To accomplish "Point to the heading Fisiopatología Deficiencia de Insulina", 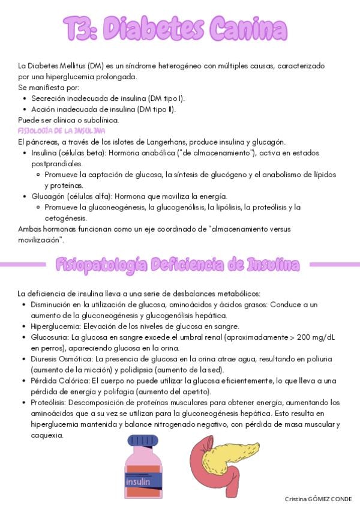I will coord(178,264).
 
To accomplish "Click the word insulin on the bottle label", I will coord(139,481).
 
